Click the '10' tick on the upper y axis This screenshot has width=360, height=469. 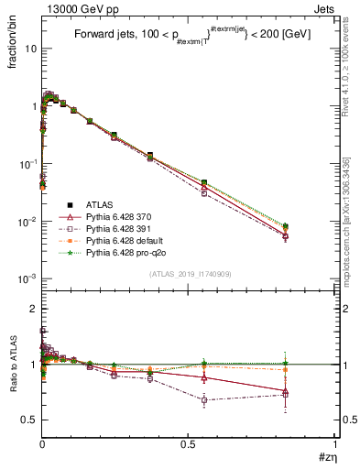[x=29, y=49]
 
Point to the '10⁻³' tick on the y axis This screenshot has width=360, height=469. [x=27, y=278]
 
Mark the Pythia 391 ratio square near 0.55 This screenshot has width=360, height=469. [x=204, y=399]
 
